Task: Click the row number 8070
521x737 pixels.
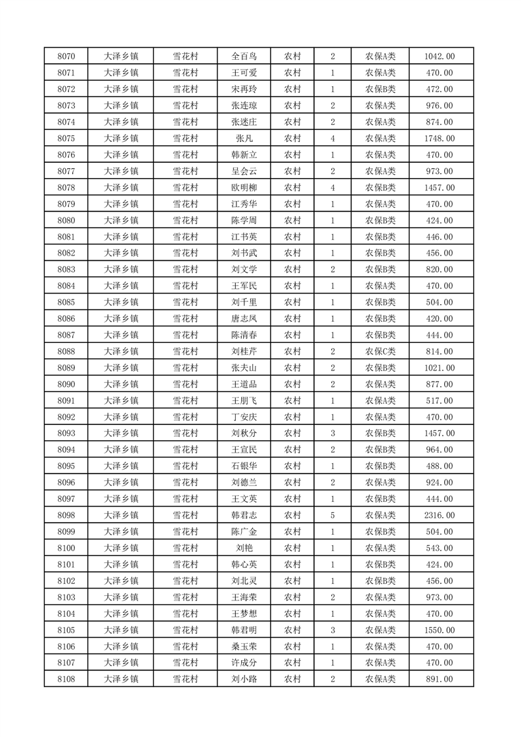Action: tap(66, 56)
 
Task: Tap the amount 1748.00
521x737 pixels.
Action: tap(440, 139)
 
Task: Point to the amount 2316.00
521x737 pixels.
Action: tap(440, 516)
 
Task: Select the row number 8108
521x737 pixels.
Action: tap(66, 679)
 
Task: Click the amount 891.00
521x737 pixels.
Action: tap(440, 679)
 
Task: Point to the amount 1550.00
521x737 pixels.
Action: tap(440, 630)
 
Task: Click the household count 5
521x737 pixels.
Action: tap(333, 516)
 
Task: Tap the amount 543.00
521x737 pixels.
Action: tap(440, 548)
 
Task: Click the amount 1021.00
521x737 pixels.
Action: tap(440, 368)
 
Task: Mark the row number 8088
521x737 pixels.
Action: tap(66, 351)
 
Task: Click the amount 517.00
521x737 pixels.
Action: tap(440, 401)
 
